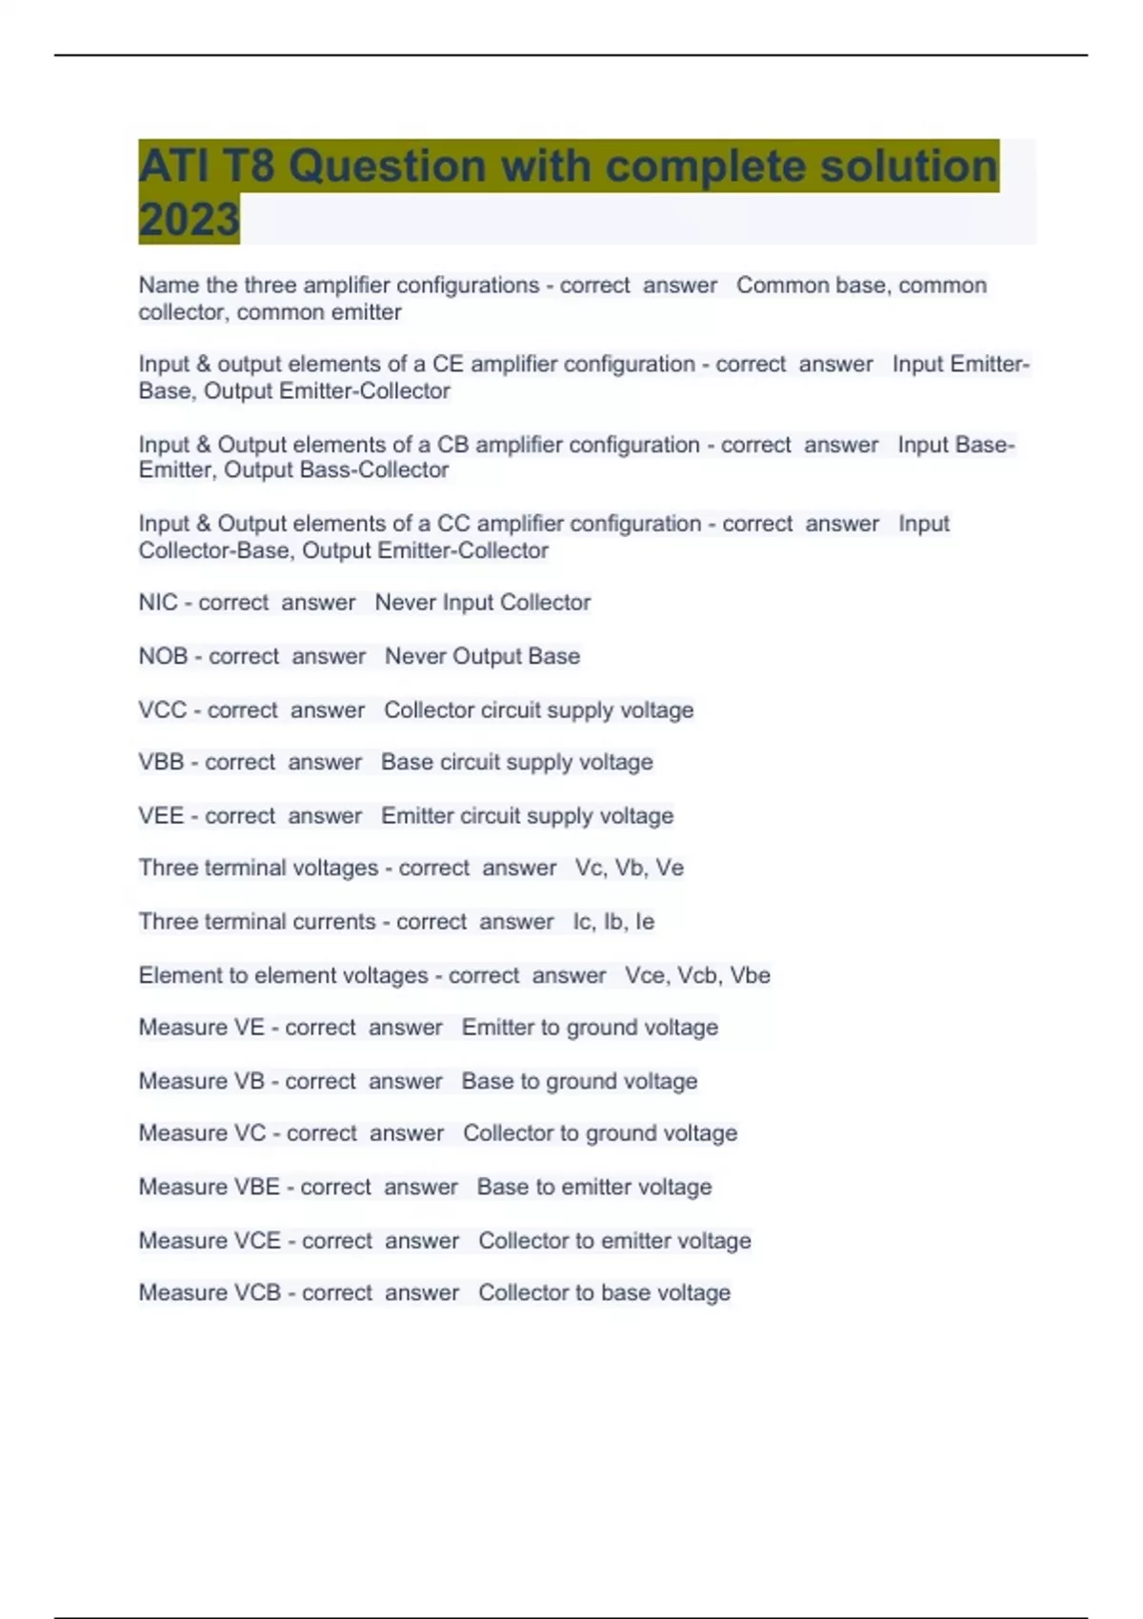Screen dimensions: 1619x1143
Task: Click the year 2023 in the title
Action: [x=189, y=219]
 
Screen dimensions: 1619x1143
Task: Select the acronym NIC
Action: [x=158, y=603]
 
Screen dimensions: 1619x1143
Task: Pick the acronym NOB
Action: [x=163, y=656]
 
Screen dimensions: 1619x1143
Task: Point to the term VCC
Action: [x=162, y=710]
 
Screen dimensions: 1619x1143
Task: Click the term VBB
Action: [x=161, y=763]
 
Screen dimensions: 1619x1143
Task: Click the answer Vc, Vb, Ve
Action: [x=629, y=869]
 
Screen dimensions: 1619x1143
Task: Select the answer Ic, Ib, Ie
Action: [x=613, y=922]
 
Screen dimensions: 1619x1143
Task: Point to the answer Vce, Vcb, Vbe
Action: [x=697, y=975]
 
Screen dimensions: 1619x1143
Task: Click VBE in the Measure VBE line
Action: [x=256, y=1188]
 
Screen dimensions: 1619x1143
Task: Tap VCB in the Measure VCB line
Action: [x=257, y=1293]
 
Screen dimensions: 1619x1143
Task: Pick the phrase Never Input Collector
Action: [x=482, y=603]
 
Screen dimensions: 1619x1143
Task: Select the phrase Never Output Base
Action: [x=482, y=656]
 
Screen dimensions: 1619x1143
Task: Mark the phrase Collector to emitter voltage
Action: [x=614, y=1241]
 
